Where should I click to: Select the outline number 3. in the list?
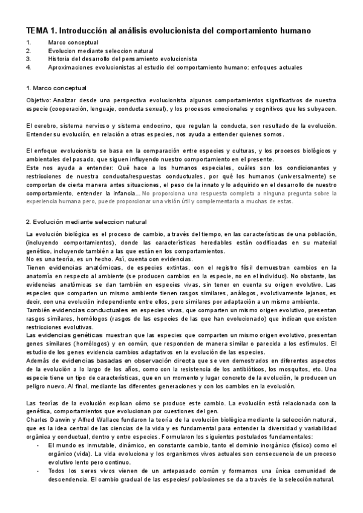click(28, 59)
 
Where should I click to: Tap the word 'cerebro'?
click(48, 125)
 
